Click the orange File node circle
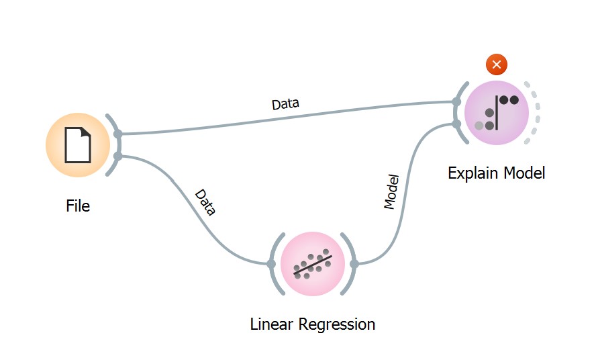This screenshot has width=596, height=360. pyautogui.click(x=78, y=145)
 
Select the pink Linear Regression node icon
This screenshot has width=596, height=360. pyautogui.click(x=312, y=264)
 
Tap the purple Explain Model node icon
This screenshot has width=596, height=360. pyautogui.click(x=496, y=112)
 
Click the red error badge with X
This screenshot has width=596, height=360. pyautogui.click(x=496, y=64)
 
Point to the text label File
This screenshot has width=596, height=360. pyautogui.click(x=78, y=206)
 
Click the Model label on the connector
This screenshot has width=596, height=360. pyautogui.click(x=391, y=192)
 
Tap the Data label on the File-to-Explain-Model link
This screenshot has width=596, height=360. pyautogui.click(x=285, y=104)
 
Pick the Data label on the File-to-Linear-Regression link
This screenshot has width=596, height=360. pyautogui.click(x=205, y=202)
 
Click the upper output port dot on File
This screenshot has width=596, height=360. pyautogui.click(x=118, y=134)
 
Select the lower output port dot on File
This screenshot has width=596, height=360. pyautogui.click(x=118, y=156)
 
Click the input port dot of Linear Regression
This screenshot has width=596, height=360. pyautogui.click(x=271, y=264)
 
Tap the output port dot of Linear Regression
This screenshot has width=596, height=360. pyautogui.click(x=354, y=264)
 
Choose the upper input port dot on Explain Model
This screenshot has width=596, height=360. pyautogui.click(x=456, y=102)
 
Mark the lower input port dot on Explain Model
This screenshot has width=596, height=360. pyautogui.click(x=456, y=124)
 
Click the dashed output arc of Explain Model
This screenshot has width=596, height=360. pyautogui.click(x=536, y=112)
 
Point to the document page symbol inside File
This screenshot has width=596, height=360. pyautogui.click(x=78, y=144)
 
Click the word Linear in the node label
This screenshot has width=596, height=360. pyautogui.click(x=271, y=324)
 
